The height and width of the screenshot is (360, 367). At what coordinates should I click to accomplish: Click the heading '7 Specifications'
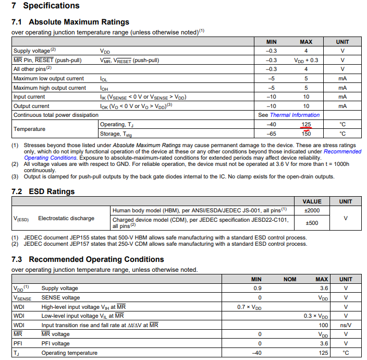45,6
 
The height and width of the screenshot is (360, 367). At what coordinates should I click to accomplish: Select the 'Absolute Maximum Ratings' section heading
70,22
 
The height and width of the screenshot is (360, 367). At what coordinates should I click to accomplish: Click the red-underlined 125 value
305,125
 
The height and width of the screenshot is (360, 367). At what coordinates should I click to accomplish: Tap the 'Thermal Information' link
295,115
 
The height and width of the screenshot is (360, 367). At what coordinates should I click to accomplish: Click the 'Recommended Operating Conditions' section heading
87,259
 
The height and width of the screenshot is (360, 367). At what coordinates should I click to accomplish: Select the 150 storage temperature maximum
305,134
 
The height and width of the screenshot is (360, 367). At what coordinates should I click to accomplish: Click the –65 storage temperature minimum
271,134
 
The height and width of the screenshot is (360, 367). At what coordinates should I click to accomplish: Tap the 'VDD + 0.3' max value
306,60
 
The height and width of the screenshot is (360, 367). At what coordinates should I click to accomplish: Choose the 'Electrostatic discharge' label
66,218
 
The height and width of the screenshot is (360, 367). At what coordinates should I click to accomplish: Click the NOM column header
289,279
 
